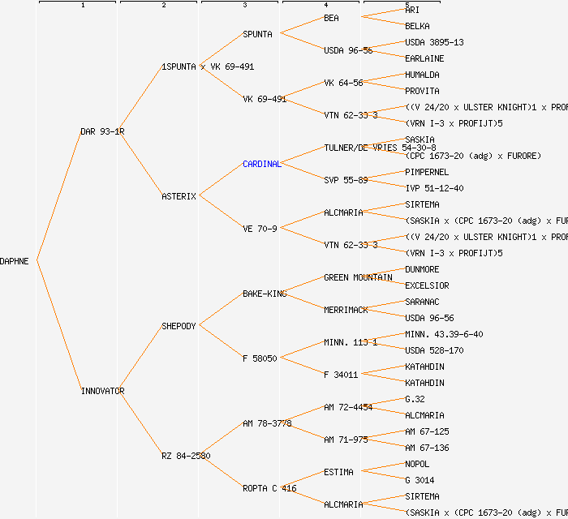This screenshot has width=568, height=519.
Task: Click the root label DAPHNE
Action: (x=15, y=261)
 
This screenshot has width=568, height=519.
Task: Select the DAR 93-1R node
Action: (x=102, y=131)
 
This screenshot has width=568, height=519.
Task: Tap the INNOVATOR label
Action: (x=102, y=391)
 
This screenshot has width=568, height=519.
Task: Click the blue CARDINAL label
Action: (x=261, y=164)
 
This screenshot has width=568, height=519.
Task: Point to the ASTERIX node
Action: (x=179, y=196)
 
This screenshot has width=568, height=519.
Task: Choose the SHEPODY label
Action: (x=179, y=326)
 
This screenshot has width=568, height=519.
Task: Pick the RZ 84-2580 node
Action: (x=186, y=456)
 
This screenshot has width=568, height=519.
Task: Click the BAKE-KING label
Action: (x=265, y=294)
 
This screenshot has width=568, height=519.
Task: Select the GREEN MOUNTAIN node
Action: (x=358, y=277)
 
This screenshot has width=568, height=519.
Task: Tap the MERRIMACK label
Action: (x=346, y=310)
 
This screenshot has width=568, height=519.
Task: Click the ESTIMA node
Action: (x=338, y=472)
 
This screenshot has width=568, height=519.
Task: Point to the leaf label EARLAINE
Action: (x=424, y=58)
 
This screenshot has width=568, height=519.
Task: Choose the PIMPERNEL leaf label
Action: (x=427, y=172)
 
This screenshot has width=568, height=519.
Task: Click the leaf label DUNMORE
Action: (x=422, y=269)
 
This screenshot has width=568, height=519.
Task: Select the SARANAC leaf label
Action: (x=422, y=302)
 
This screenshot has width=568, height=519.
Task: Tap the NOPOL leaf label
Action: (x=417, y=464)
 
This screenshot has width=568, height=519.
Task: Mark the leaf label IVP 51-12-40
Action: (x=434, y=188)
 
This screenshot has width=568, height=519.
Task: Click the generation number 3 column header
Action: (x=244, y=6)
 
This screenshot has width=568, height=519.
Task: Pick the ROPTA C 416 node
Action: (x=269, y=488)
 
